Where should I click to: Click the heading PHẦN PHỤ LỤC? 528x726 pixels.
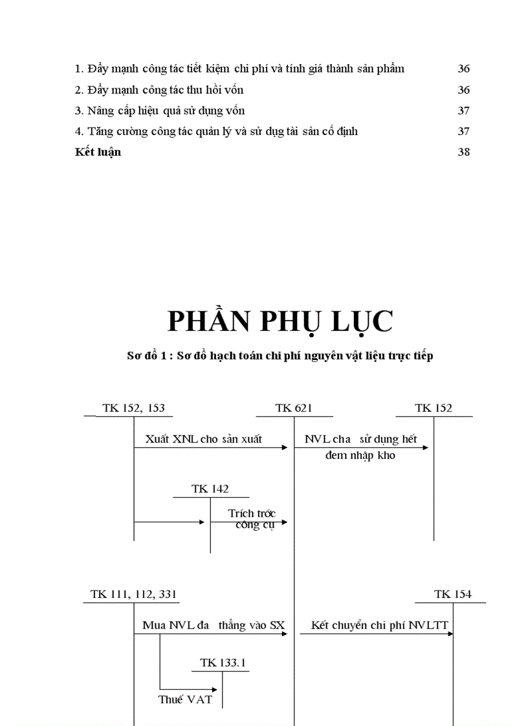pyautogui.click(x=280, y=321)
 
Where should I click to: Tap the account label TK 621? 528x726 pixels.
pyautogui.click(x=293, y=408)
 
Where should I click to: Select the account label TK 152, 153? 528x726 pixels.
pyautogui.click(x=133, y=408)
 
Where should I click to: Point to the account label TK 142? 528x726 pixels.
pyautogui.click(x=210, y=489)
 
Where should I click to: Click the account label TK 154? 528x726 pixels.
pyautogui.click(x=453, y=594)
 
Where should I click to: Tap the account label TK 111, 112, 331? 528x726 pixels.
pyautogui.click(x=134, y=594)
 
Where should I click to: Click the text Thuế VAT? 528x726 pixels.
pyautogui.click(x=185, y=699)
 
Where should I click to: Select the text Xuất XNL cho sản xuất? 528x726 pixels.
pyautogui.click(x=204, y=439)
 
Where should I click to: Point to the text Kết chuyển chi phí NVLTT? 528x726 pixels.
pyautogui.click(x=380, y=625)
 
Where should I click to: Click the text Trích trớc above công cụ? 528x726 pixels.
pyautogui.click(x=252, y=513)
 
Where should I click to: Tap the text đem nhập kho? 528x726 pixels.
pyautogui.click(x=360, y=455)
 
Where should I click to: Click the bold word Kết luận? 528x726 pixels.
pyautogui.click(x=98, y=153)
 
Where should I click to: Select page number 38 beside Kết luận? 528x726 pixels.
pyautogui.click(x=463, y=153)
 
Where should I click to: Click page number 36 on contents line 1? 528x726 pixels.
pyautogui.click(x=463, y=69)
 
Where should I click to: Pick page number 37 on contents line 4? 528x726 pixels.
pyautogui.click(x=463, y=132)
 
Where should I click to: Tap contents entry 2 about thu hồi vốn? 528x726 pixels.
pyautogui.click(x=159, y=90)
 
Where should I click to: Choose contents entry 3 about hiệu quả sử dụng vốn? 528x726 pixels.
pyautogui.click(x=160, y=111)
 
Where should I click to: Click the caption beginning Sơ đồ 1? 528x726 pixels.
pyautogui.click(x=280, y=356)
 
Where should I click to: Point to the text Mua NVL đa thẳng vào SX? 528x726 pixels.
pyautogui.click(x=214, y=625)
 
